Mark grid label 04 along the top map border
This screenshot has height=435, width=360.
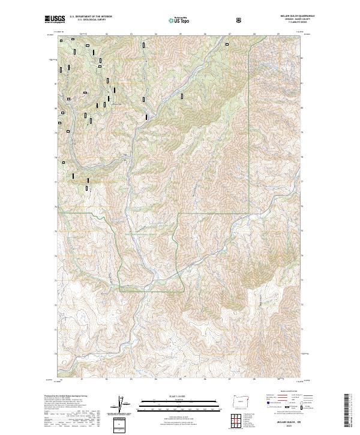pyautogui.click(x=156, y=34)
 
